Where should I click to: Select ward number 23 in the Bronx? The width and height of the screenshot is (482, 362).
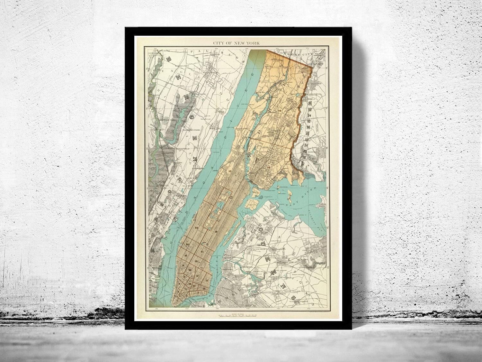pos(268,168)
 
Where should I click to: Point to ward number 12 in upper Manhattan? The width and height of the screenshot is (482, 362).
pos(229,172)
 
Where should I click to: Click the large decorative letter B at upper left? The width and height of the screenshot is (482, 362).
pos(167,59)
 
